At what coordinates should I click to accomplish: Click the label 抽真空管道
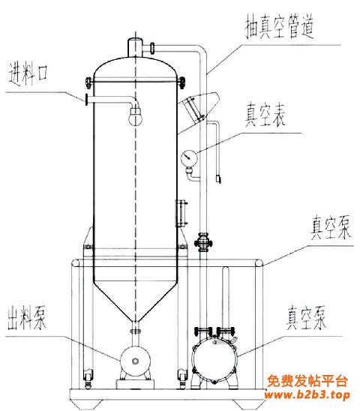(x=280, y=26)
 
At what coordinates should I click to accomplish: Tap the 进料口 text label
(x=28, y=73)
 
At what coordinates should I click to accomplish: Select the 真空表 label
(x=265, y=115)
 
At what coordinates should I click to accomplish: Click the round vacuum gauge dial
(x=189, y=157)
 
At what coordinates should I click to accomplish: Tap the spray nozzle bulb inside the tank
(x=135, y=117)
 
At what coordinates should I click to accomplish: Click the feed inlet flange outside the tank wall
(x=86, y=100)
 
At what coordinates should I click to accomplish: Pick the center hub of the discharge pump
(x=135, y=361)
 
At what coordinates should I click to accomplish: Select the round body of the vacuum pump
(x=214, y=358)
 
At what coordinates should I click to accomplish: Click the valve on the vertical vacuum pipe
(x=203, y=243)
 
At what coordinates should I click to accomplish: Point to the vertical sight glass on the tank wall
(x=181, y=213)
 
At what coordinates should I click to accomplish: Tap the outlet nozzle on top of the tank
(x=135, y=47)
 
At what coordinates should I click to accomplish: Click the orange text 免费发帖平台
(x=307, y=381)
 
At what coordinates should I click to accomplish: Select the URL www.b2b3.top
(x=307, y=394)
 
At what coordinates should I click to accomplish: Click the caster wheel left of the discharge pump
(x=88, y=378)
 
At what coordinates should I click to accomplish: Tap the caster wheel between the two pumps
(x=182, y=378)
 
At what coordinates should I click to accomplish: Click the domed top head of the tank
(x=135, y=67)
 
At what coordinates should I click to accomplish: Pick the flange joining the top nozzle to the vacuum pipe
(x=152, y=48)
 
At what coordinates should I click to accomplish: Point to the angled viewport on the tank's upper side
(x=198, y=109)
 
